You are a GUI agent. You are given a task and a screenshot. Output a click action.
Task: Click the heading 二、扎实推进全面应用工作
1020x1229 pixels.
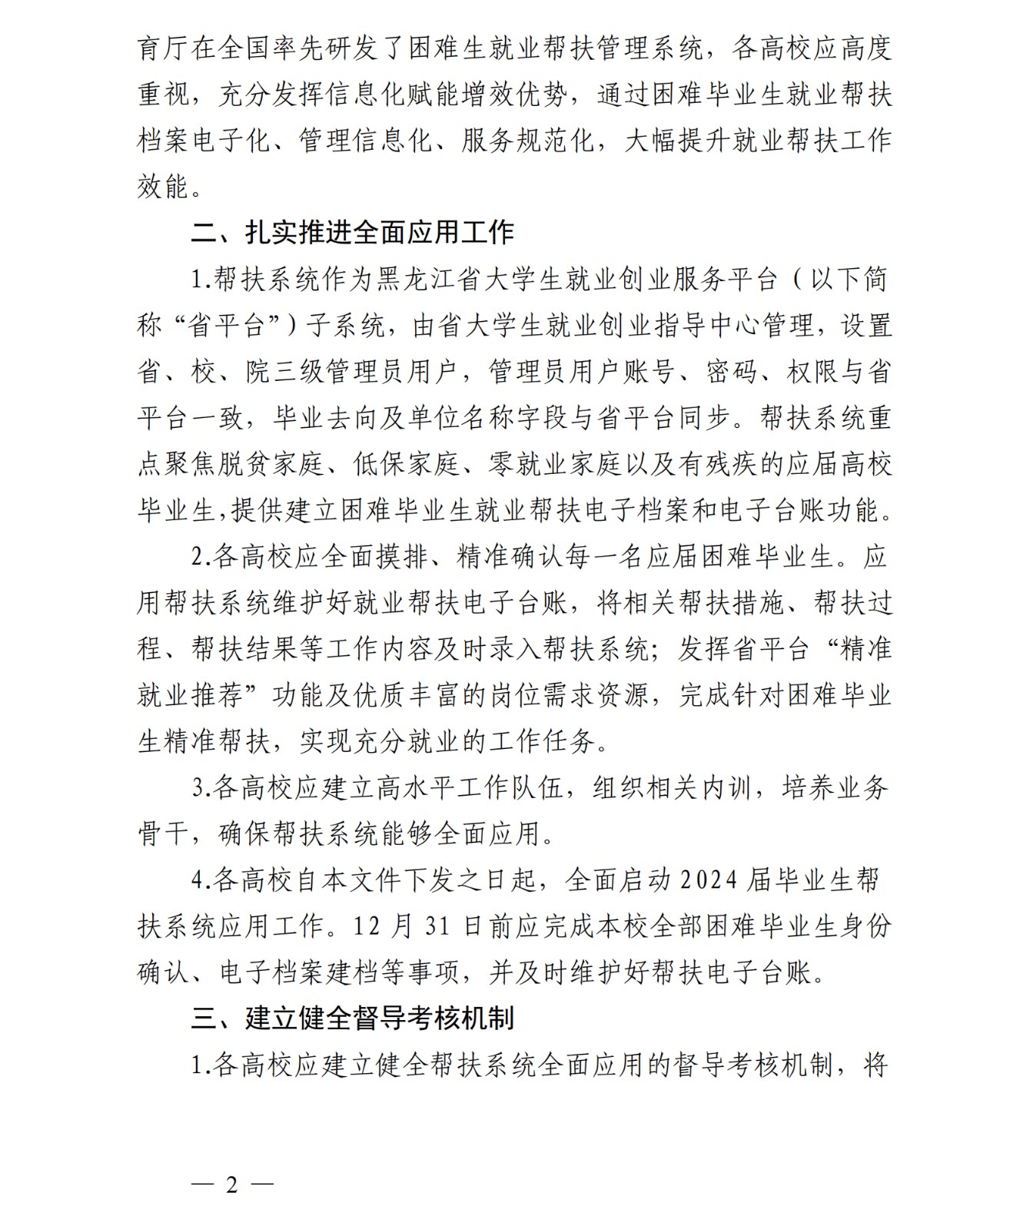pyautogui.click(x=353, y=233)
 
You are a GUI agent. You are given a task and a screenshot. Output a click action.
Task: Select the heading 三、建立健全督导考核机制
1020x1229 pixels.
pyautogui.click(x=353, y=1019)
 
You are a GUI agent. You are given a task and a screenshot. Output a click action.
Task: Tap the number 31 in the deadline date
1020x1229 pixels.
pyautogui.click(x=437, y=926)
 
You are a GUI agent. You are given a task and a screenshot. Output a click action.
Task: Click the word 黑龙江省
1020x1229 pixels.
pyautogui.click(x=430, y=280)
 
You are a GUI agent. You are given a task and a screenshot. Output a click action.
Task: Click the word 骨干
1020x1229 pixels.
pyautogui.click(x=163, y=834)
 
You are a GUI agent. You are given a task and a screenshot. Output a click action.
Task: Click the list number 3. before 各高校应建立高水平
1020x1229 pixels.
pyautogui.click(x=201, y=788)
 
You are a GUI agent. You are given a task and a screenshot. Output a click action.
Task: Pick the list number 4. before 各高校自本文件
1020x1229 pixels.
pyautogui.click(x=201, y=880)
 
